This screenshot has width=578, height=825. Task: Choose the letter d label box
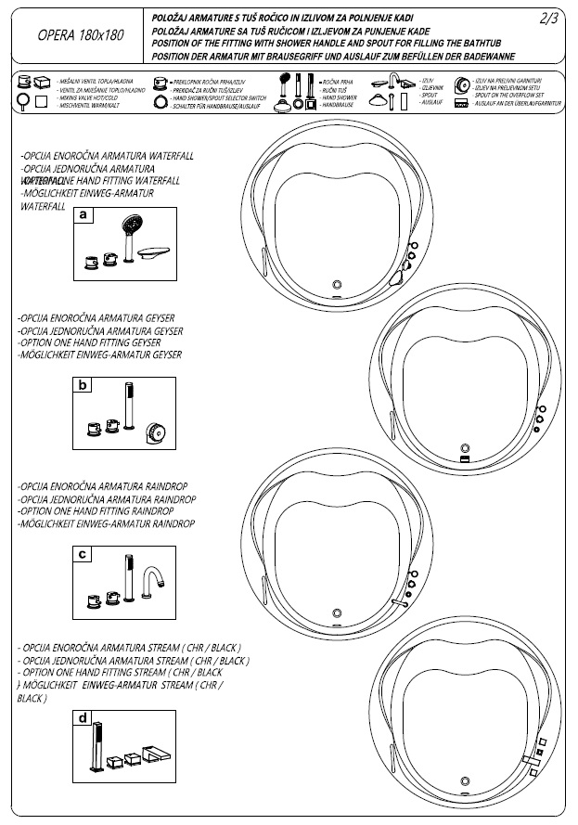tap(83, 718)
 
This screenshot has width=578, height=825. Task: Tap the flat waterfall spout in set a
tap(154, 252)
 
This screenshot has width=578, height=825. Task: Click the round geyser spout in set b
tap(155, 432)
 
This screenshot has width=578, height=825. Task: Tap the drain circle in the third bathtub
tap(337, 611)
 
